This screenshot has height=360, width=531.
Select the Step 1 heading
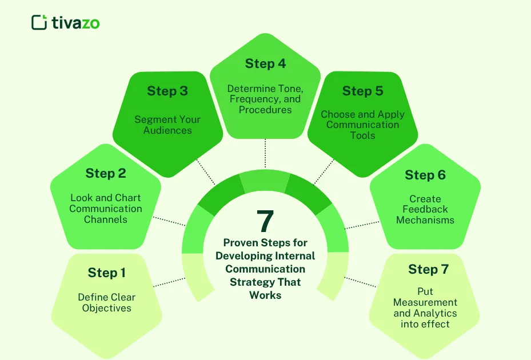pos(106,273)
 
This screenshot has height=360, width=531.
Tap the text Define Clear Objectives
pos(106,302)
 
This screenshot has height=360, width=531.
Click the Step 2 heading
pos(105,173)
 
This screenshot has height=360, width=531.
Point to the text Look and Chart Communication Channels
pos(106,209)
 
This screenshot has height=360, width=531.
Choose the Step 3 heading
pos(167,91)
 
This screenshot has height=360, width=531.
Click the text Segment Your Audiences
pos(167,125)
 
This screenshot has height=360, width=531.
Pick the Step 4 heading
pos(265,63)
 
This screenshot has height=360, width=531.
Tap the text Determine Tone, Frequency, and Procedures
pos(265,99)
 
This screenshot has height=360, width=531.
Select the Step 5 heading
pos(362,91)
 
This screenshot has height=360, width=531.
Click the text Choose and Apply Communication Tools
pos(362,125)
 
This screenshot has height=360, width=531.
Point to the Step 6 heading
pos(425,175)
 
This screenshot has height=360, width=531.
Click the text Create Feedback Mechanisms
pos(425,209)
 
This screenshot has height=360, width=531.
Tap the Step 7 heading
pos(429,269)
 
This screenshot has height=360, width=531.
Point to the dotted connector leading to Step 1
pos(170,282)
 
